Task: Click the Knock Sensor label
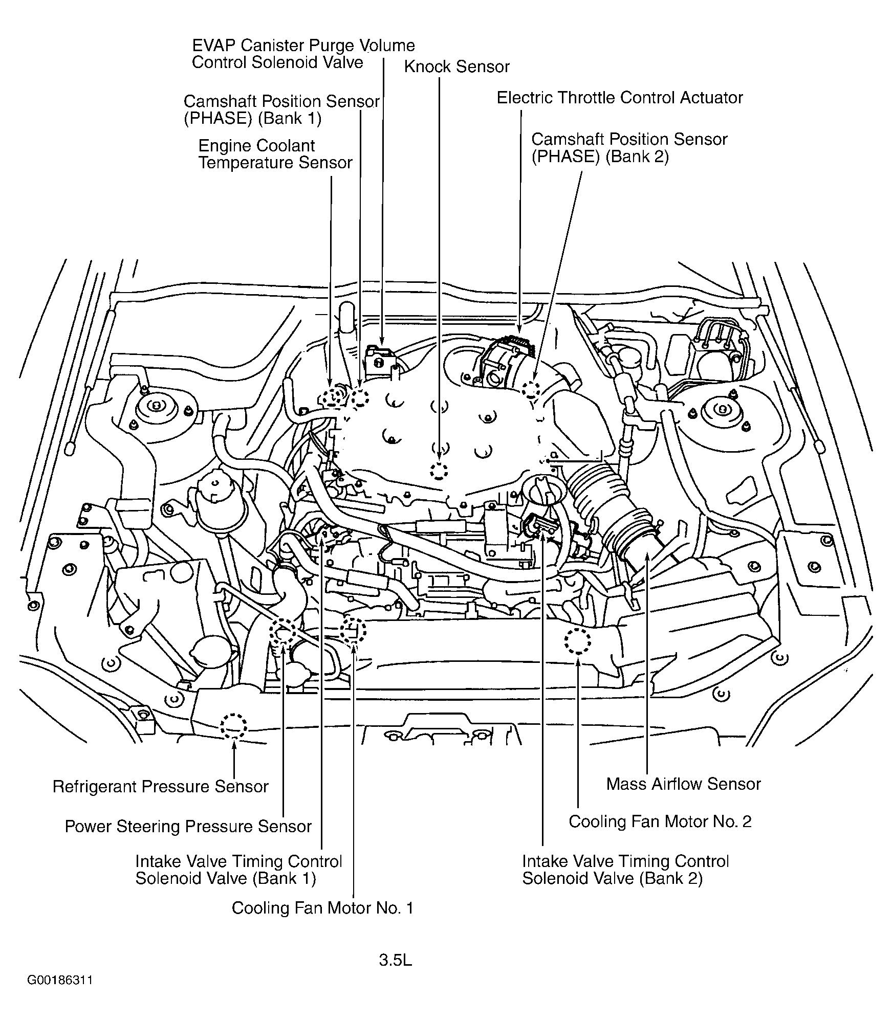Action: (x=456, y=66)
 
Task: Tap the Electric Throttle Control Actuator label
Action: (x=620, y=98)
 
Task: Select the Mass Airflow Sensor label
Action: (x=683, y=784)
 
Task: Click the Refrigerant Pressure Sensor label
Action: (x=160, y=786)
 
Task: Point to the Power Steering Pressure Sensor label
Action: (x=188, y=826)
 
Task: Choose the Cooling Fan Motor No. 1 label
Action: (x=322, y=907)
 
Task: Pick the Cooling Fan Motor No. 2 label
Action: (x=660, y=821)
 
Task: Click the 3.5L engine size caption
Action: (x=395, y=960)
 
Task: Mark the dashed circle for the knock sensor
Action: (x=439, y=470)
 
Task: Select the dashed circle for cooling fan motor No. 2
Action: (x=578, y=641)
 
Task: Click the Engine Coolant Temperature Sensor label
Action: (x=275, y=154)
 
